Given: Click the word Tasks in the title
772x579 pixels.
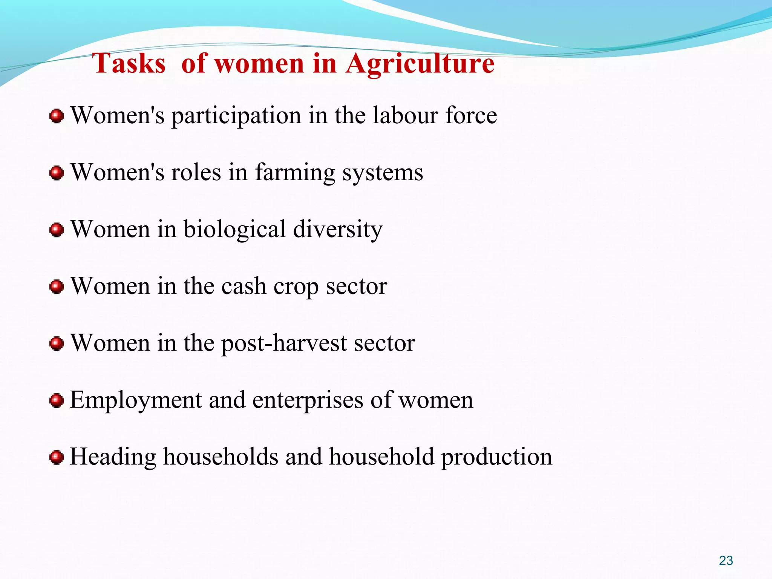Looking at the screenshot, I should [129, 63].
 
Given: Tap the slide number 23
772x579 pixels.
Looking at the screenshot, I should [726, 561].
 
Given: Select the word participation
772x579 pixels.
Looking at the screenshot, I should [236, 116].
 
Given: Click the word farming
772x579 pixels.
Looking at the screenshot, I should [295, 173].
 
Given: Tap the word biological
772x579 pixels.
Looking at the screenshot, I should [234, 230].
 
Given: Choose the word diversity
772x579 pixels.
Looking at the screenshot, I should [338, 230].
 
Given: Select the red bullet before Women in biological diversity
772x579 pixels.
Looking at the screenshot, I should [57, 230].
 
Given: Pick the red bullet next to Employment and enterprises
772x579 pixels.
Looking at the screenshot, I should [57, 400].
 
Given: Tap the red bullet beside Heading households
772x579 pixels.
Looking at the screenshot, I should [57, 457].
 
